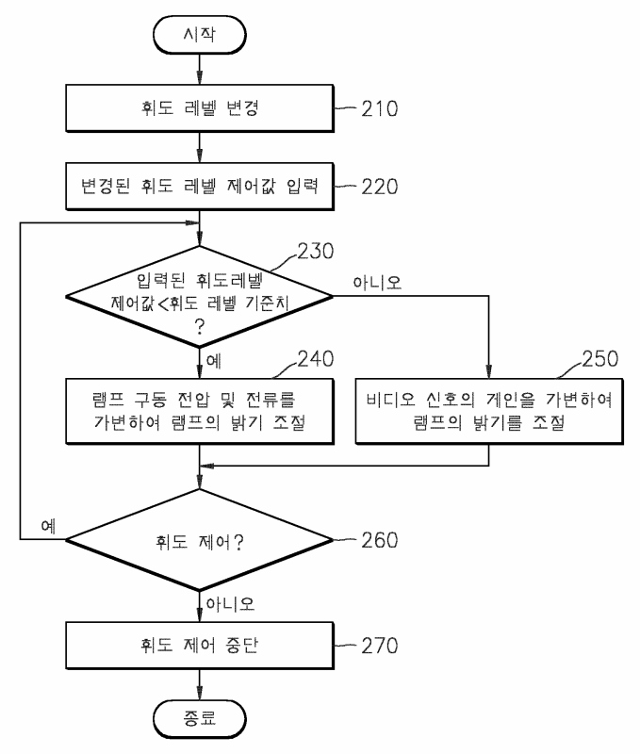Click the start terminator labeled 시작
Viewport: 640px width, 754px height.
click(200, 35)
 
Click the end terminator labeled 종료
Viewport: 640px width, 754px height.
click(200, 719)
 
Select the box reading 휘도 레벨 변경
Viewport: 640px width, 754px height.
click(200, 108)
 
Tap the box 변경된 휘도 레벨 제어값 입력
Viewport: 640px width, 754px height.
click(200, 186)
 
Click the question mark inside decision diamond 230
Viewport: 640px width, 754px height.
click(200, 327)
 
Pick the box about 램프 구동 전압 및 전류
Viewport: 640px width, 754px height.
click(200, 411)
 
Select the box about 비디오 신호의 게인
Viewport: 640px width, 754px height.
click(489, 411)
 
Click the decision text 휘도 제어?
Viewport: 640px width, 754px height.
click(200, 542)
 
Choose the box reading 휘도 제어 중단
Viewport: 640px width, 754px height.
click(200, 646)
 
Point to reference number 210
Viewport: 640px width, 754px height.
click(380, 108)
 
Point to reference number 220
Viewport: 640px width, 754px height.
click(380, 187)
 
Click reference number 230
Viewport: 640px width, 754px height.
click(316, 251)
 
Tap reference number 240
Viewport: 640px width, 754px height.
click(316, 359)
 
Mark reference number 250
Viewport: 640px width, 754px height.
click(600, 359)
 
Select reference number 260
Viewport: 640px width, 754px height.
click(380, 540)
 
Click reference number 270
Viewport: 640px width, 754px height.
click(380, 646)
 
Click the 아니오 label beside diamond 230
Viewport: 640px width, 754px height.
click(377, 282)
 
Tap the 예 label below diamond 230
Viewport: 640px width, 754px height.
click(214, 361)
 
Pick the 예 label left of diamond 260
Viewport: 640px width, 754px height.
click(49, 526)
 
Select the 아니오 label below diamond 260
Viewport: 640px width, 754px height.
click(230, 603)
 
